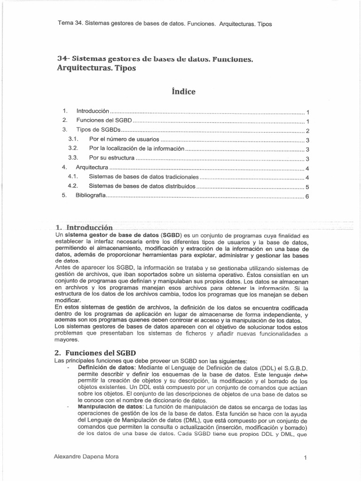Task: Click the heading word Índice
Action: pyautogui.click(x=180, y=91)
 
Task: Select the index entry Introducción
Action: pyautogui.click(x=93, y=111)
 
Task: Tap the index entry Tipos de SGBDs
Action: pyautogui.click(x=99, y=130)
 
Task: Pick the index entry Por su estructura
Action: pyautogui.click(x=111, y=158)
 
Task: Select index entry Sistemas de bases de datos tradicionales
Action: pyautogui.click(x=144, y=177)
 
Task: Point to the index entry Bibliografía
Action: pyautogui.click(x=91, y=196)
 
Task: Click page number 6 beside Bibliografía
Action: pyautogui.click(x=306, y=197)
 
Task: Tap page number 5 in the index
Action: pyautogui.click(x=306, y=187)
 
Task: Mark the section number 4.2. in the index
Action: pyautogui.click(x=72, y=186)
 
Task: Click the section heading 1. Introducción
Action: pyautogui.click(x=84, y=226)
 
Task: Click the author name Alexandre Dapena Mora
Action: pyautogui.click(x=86, y=457)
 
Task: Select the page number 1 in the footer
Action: pyautogui.click(x=306, y=457)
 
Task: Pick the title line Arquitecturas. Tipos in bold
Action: pyautogui.click(x=96, y=68)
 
